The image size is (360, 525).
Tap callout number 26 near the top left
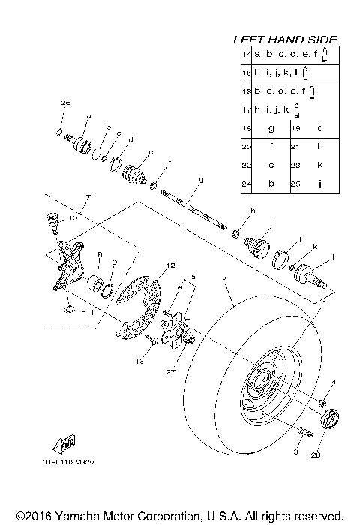65,102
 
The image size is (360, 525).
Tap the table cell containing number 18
247,128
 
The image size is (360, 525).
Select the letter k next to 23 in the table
320,164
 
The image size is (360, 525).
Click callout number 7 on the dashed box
87,197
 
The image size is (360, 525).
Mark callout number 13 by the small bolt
139,361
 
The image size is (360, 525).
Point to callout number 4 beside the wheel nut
334,383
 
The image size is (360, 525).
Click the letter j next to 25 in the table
320,183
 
